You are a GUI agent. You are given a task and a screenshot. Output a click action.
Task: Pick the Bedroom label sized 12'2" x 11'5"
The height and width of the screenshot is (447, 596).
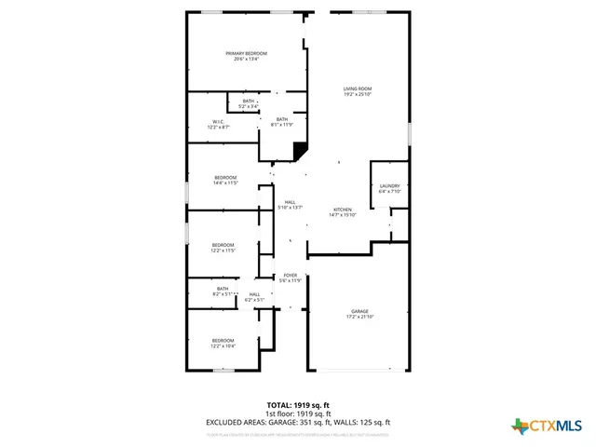click(x=223, y=247)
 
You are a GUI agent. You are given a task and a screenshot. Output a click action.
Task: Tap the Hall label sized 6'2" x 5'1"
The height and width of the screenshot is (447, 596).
click(x=254, y=297)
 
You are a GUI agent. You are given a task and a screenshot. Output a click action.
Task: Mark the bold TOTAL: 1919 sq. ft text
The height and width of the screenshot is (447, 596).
click(x=298, y=405)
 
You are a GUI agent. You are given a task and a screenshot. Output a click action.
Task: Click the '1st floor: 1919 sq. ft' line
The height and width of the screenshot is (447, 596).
click(x=298, y=413)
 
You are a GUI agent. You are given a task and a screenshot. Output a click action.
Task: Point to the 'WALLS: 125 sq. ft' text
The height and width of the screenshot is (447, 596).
click(x=359, y=422)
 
